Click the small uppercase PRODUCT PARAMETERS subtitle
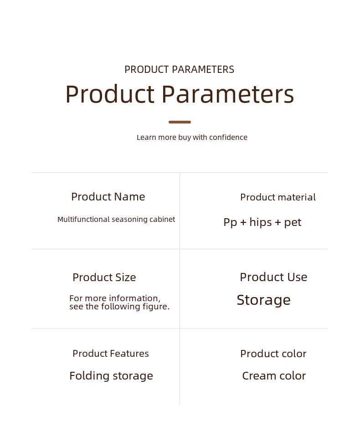click(x=180, y=70)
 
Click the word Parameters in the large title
click(x=228, y=94)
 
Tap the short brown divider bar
click(x=180, y=122)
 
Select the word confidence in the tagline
click(x=228, y=137)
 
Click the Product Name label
click(x=108, y=197)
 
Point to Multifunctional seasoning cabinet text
click(x=116, y=219)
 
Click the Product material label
click(x=278, y=197)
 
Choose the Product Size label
click(x=104, y=277)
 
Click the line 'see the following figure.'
click(x=119, y=307)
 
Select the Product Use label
click(x=273, y=277)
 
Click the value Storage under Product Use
click(x=264, y=300)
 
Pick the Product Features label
click(x=111, y=354)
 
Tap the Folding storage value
click(x=111, y=376)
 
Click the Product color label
click(x=273, y=354)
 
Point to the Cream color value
click(x=274, y=376)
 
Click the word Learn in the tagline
click(x=146, y=138)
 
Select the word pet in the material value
click(x=293, y=223)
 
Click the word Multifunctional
click(x=83, y=219)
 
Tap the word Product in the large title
click(x=110, y=94)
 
